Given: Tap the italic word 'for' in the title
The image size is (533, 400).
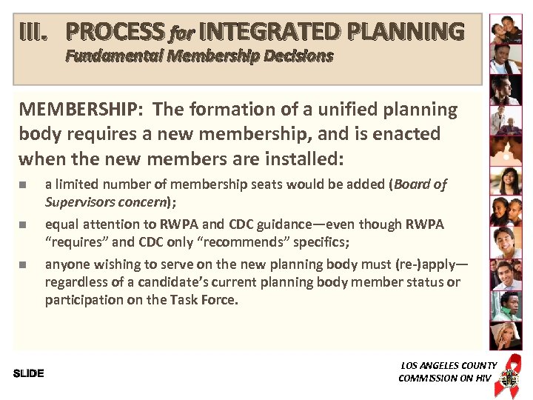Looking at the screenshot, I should point(181,33).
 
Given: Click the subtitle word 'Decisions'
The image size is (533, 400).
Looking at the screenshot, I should point(295,56).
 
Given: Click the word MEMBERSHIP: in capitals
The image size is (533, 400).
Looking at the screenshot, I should point(82,110).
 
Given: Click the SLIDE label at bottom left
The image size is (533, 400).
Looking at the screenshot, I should point(29,373).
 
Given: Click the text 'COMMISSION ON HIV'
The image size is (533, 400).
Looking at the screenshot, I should point(444,378).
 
